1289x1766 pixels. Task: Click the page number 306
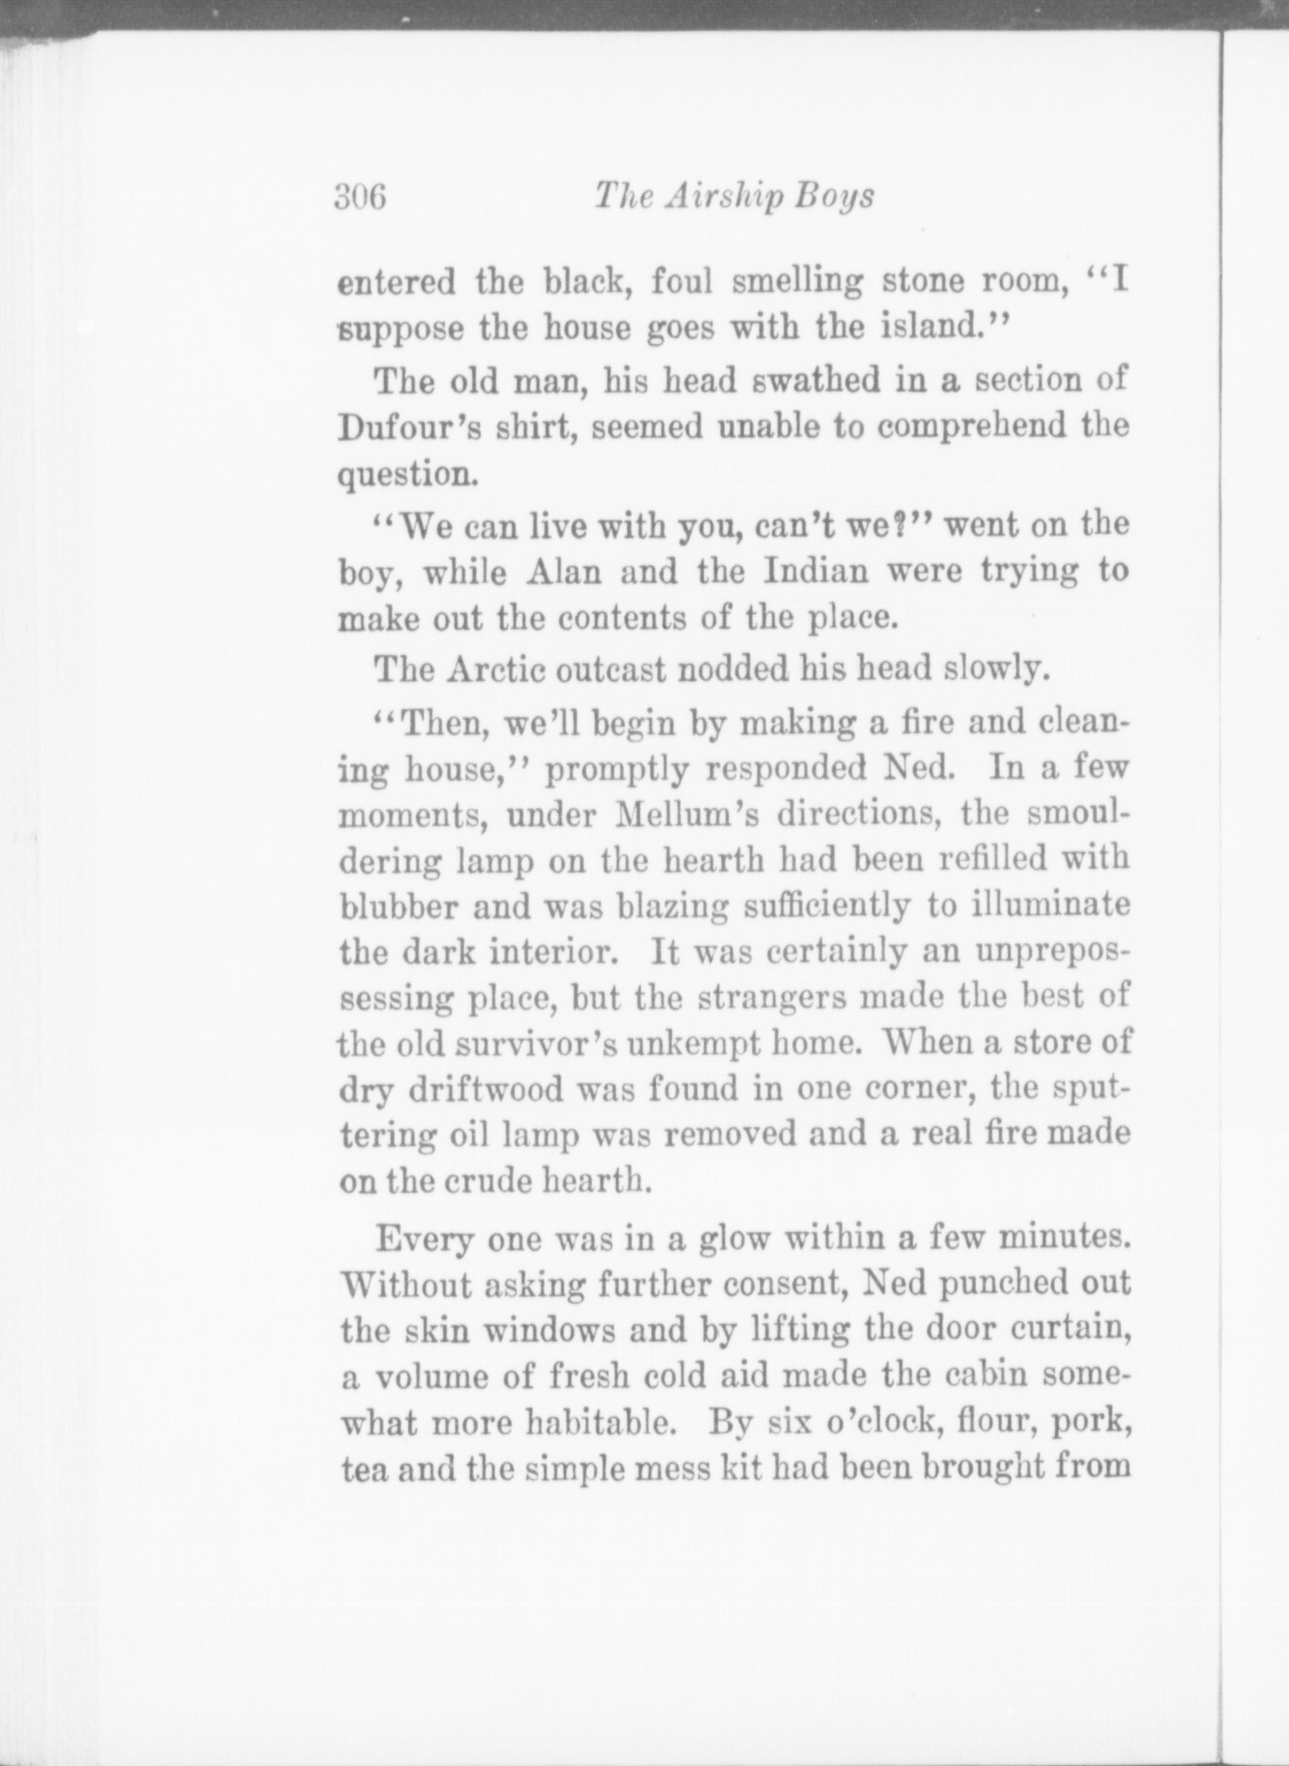pyautogui.click(x=361, y=195)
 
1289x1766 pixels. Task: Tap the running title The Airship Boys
pyautogui.click(x=734, y=195)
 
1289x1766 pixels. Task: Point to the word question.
pyautogui.click(x=408, y=474)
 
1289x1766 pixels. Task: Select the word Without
pyautogui.click(x=406, y=1285)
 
